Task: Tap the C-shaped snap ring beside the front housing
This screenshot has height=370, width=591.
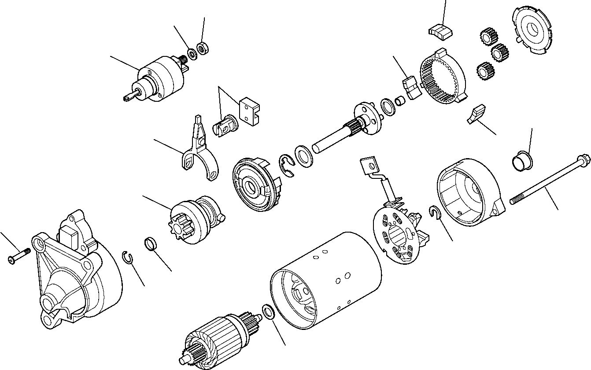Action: click(127, 258)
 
